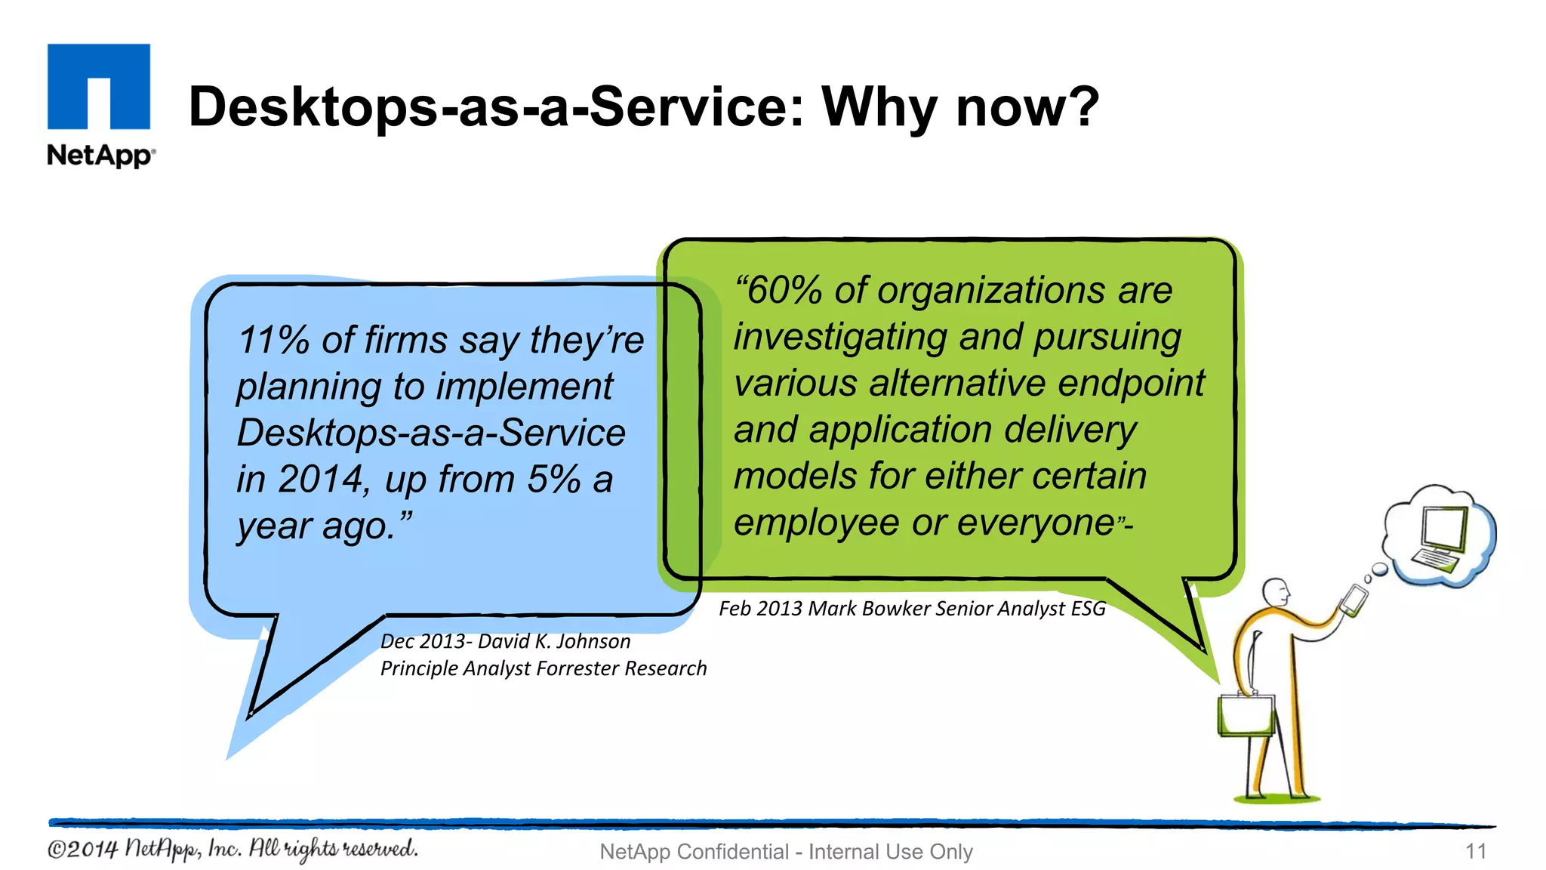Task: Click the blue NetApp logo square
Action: click(x=99, y=86)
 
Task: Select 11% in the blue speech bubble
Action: click(x=273, y=340)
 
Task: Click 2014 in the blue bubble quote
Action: click(x=321, y=479)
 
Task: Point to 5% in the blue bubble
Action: click(x=553, y=479)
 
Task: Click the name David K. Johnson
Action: click(x=554, y=641)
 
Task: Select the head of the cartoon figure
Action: click(x=1275, y=591)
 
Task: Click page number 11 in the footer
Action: click(x=1475, y=851)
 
